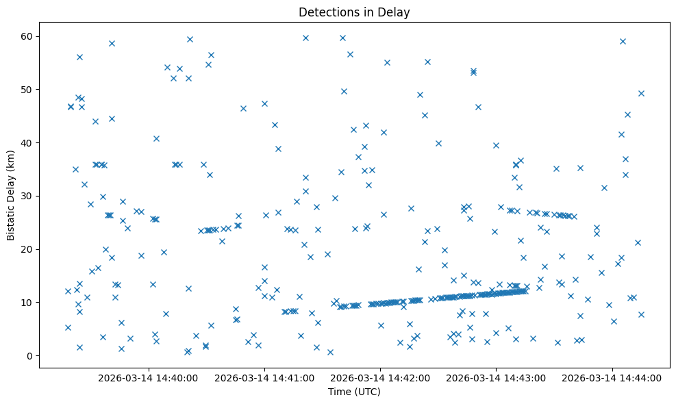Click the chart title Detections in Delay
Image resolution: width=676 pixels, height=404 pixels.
coord(354,12)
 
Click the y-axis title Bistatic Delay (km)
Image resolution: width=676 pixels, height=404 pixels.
coord(12,195)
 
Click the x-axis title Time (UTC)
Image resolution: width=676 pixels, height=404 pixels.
coord(354,392)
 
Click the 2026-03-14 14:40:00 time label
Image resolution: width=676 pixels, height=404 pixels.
coord(148,378)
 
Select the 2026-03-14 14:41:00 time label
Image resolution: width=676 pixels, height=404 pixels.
coord(264,378)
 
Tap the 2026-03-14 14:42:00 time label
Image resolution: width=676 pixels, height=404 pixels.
coord(380,378)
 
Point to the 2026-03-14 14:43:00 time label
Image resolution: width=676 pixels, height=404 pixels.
coord(496,378)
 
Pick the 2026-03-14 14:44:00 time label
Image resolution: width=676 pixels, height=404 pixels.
coord(612,378)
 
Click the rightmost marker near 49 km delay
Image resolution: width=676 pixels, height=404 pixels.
coord(641,93)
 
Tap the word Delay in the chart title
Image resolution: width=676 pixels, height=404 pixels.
coord(396,12)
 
